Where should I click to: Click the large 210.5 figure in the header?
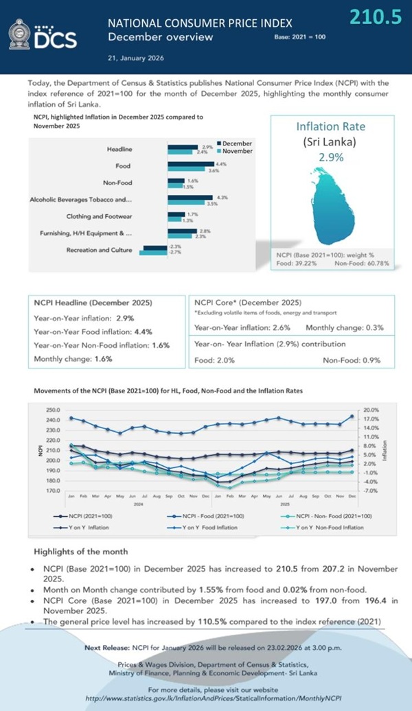click(375, 16)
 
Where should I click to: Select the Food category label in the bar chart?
click(123, 166)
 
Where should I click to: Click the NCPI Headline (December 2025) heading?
click(93, 303)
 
